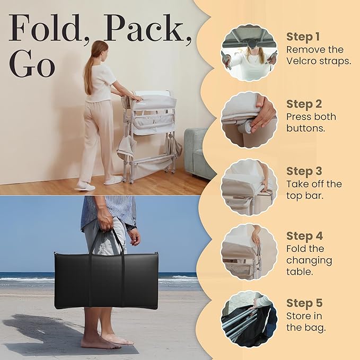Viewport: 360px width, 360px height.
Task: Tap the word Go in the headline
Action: (32, 66)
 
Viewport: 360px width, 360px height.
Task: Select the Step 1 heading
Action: (304, 37)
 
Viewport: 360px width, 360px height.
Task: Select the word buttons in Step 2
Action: (306, 128)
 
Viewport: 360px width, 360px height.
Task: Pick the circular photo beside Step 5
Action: (249, 318)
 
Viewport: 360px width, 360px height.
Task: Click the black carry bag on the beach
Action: (106, 279)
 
